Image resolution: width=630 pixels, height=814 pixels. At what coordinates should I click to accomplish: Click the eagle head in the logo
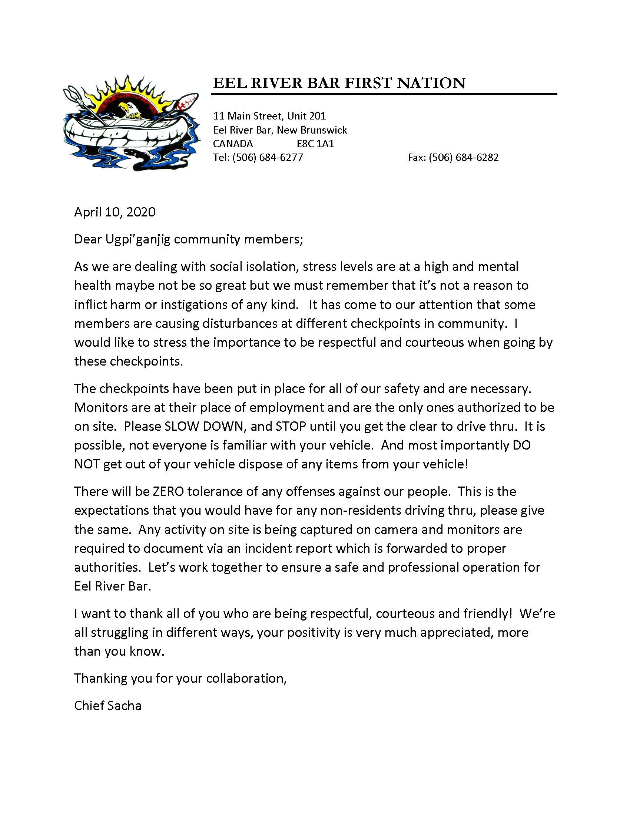(127, 108)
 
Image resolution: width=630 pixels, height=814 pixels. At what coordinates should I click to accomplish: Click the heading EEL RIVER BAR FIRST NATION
(339, 83)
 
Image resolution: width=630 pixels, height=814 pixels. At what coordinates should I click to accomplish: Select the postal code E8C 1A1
(315, 144)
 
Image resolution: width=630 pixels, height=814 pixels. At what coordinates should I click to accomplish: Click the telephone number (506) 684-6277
(268, 157)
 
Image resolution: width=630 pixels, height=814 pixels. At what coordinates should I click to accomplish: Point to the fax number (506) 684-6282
(464, 157)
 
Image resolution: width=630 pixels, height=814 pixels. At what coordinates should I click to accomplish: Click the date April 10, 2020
(115, 212)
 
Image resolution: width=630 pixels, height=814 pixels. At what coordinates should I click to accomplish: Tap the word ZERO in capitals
(168, 492)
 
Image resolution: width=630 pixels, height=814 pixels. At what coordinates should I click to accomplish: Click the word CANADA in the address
(233, 144)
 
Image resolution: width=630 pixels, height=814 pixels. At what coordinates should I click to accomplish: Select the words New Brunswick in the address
(312, 130)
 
